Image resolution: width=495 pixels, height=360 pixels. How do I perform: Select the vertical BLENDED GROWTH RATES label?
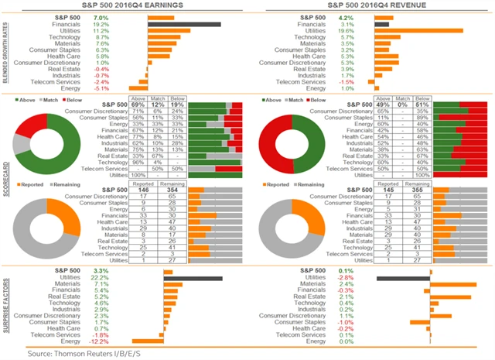pyautogui.click(x=5, y=52)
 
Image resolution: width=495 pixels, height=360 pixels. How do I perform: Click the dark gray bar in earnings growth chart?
pyautogui.click(x=183, y=25)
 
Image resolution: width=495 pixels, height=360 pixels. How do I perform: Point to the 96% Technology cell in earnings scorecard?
pyautogui.click(x=138, y=162)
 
